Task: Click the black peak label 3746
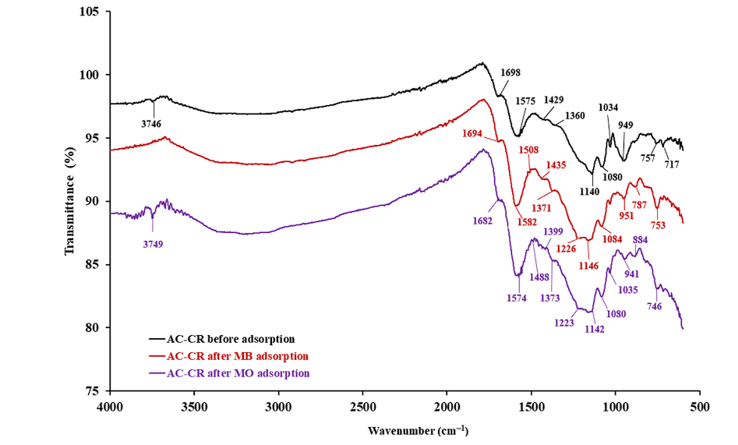coord(152,123)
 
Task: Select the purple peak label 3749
coord(153,244)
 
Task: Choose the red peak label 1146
coord(588,266)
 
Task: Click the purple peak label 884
coord(641,239)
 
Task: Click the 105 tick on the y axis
coord(90,12)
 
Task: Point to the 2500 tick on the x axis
coord(363,407)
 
